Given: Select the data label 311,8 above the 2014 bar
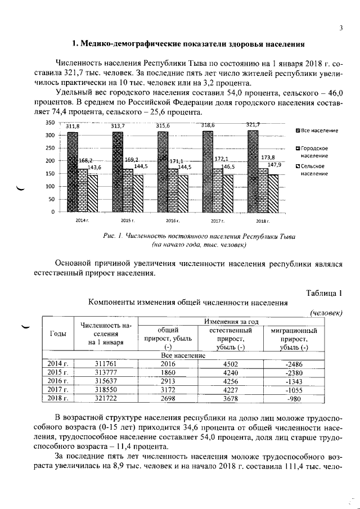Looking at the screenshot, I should [73, 127].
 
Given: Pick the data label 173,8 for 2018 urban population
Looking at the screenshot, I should [269, 157].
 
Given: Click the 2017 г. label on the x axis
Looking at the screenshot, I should [218, 220].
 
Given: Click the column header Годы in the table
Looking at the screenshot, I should [58, 334].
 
